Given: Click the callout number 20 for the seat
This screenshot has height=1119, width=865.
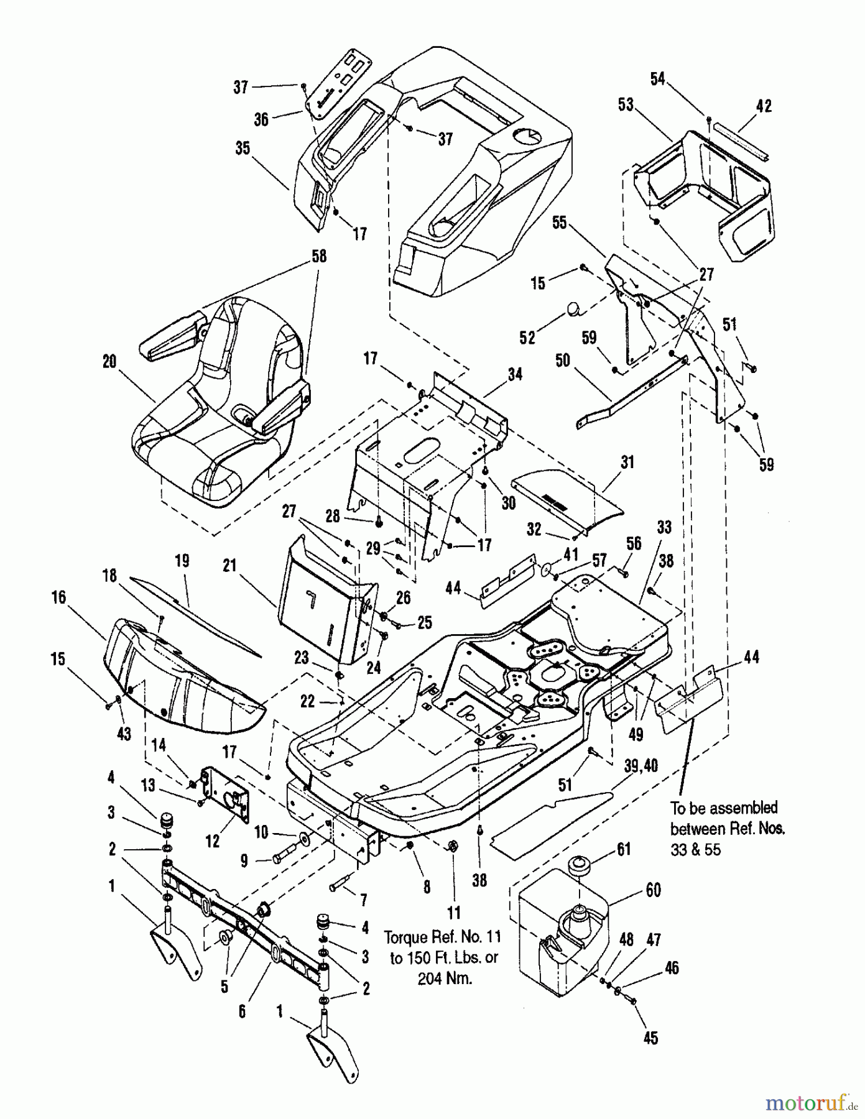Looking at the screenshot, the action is click(109, 362).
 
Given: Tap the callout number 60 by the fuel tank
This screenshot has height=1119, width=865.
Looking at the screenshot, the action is click(653, 890).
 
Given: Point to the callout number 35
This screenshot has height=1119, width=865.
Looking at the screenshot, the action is click(243, 148).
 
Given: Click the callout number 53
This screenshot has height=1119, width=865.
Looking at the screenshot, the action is click(626, 104).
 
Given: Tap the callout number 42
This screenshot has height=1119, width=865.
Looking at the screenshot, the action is click(764, 106).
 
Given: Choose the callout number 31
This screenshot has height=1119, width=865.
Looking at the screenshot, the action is click(627, 462).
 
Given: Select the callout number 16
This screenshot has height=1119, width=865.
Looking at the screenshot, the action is click(58, 597).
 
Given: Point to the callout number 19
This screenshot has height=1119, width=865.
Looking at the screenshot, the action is click(182, 561).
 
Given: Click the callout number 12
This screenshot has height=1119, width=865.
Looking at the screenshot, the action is click(213, 841).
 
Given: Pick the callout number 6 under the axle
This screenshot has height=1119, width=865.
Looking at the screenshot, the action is click(241, 1011).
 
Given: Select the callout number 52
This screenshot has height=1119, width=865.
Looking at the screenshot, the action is click(527, 337).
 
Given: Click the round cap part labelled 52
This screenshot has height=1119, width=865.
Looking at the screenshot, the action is click(573, 309).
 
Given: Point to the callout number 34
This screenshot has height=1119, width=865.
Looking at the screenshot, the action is click(515, 374).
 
